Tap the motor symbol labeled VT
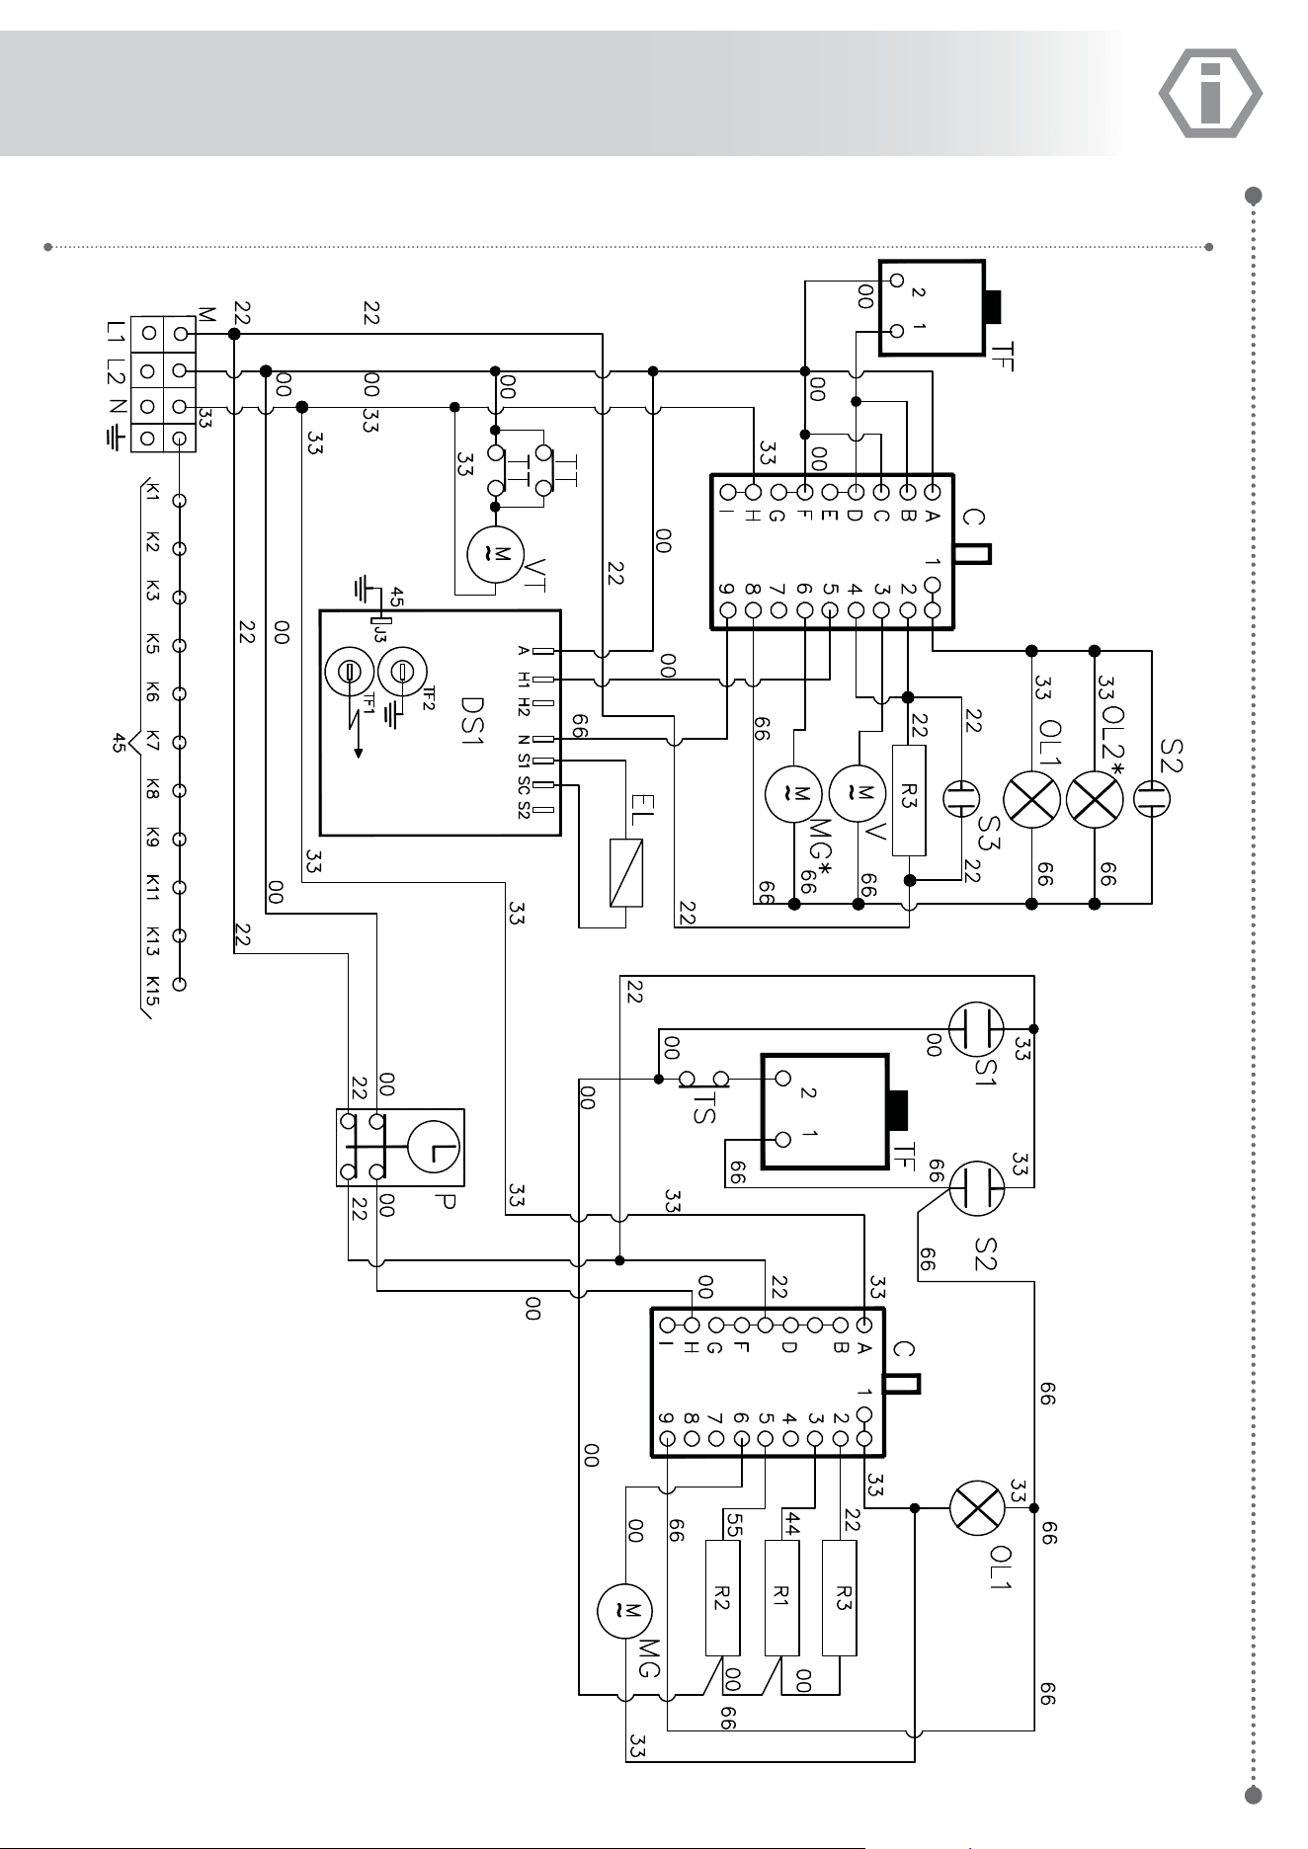pyautogui.click(x=496, y=554)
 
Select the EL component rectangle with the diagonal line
pyautogui.click(x=626, y=872)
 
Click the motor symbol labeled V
pyautogui.click(x=858, y=791)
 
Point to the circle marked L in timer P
pyautogui.click(x=435, y=1147)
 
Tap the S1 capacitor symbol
pyautogui.click(x=976, y=1028)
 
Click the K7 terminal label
pyautogui.click(x=152, y=741)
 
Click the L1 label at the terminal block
pyautogui.click(x=117, y=334)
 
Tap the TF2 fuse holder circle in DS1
pyautogui.click(x=402, y=672)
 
